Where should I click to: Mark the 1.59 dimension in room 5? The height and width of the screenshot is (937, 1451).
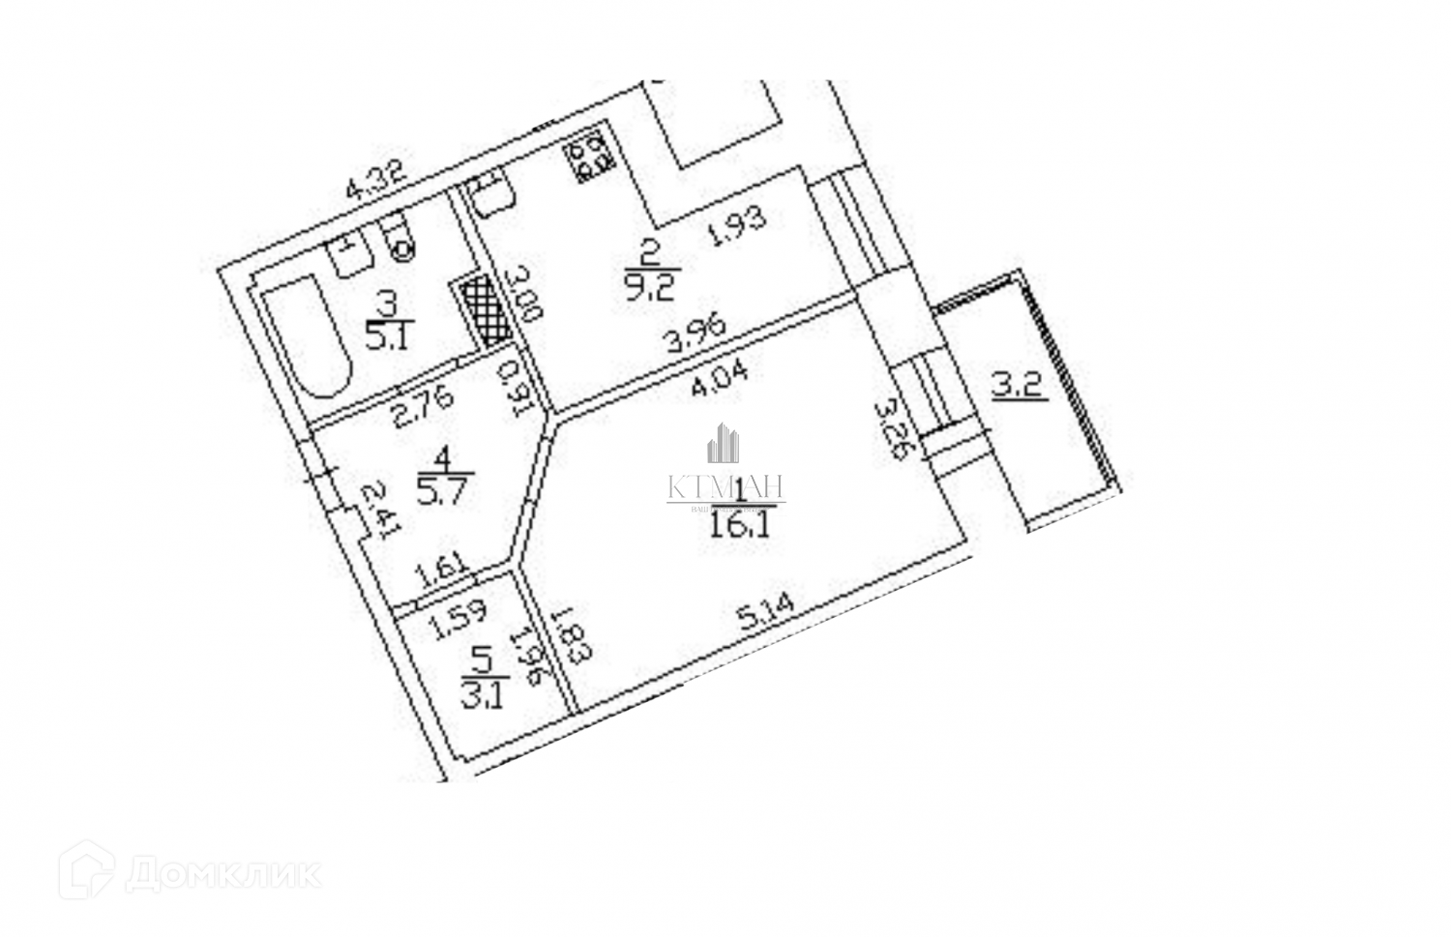point(459,623)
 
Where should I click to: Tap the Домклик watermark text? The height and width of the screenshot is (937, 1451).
point(223,874)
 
